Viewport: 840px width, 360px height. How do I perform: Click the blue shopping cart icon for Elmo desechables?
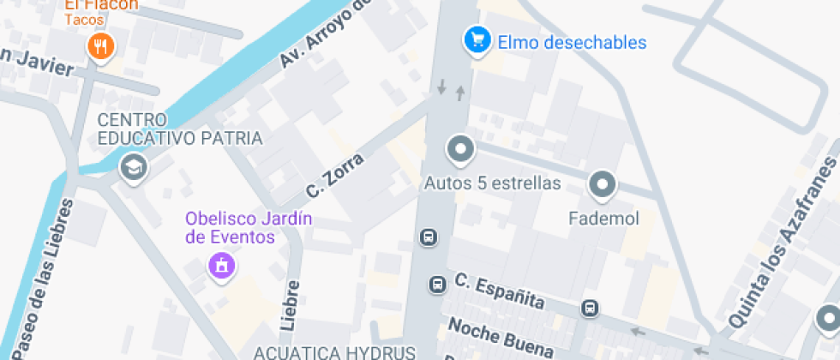click(x=477, y=39)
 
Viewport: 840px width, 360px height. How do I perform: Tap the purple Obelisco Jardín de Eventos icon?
click(x=221, y=266)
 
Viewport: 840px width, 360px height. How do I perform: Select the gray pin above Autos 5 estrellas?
click(x=460, y=150)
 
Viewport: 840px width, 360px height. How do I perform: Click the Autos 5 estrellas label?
click(x=493, y=183)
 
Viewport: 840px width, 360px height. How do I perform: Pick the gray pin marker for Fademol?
click(x=603, y=184)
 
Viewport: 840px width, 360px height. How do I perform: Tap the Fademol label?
click(x=604, y=219)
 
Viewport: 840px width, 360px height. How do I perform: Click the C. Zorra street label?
click(x=335, y=175)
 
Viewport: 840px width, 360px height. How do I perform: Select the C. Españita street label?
click(x=500, y=291)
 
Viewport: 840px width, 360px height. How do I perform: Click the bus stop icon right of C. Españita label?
click(x=590, y=308)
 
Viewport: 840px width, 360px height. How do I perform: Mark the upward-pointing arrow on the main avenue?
click(x=460, y=92)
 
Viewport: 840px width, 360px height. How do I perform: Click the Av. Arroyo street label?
click(x=326, y=34)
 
